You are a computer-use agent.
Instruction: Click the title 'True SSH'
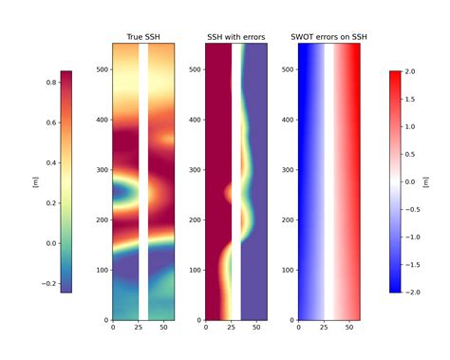tap(143, 37)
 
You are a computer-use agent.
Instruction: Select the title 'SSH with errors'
tap(235, 37)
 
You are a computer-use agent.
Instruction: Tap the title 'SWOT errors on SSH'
tap(328, 37)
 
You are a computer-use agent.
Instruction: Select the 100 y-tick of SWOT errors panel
tap(288, 271)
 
